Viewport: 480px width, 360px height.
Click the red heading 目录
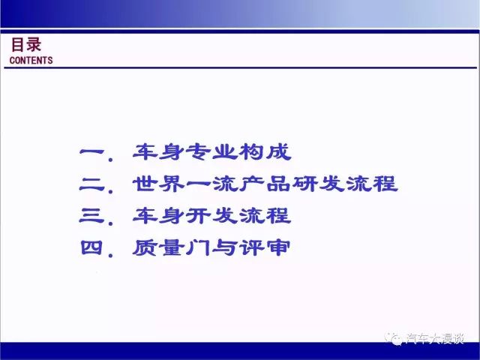point(26,45)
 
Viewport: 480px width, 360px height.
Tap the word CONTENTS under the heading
point(31,60)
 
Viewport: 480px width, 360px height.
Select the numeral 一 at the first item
point(92,151)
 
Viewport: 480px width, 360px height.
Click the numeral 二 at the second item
point(92,184)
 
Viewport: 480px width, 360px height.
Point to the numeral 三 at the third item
point(92,215)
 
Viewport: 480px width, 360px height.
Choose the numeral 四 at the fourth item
point(91,247)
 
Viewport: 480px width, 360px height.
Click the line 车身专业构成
point(211,151)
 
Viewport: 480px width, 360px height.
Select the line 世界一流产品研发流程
point(265,184)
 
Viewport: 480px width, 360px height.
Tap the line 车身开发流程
point(211,215)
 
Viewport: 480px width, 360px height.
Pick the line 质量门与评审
point(211,247)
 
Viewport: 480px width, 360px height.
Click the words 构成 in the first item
point(265,151)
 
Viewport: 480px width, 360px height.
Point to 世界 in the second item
point(158,184)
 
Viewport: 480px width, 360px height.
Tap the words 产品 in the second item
point(265,184)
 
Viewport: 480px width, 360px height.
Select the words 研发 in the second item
point(318,184)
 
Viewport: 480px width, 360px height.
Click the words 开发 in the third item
point(211,215)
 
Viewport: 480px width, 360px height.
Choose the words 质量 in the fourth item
point(158,247)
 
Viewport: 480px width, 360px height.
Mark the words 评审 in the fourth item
point(265,247)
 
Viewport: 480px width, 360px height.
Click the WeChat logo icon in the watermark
point(394,338)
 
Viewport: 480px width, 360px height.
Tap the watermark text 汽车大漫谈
point(435,338)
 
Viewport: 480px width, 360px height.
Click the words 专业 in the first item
point(211,151)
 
